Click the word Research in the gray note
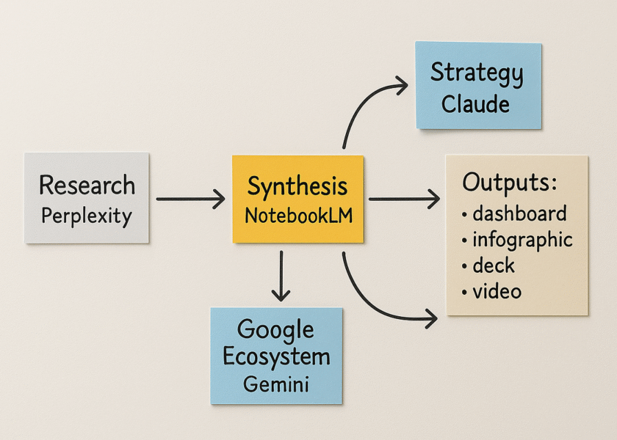[87, 186]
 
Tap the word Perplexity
[87, 216]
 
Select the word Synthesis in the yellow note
[297, 187]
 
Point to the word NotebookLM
[297, 216]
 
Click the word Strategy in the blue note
[477, 73]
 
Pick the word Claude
[475, 103]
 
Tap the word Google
[275, 330]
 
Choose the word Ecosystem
[276, 357]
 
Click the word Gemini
[275, 384]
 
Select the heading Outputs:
[510, 183]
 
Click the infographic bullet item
[522, 240]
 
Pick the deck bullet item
[494, 265]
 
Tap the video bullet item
[497, 291]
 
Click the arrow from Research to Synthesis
[190, 198]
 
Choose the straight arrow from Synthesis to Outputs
[403, 198]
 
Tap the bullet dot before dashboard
[465, 215]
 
